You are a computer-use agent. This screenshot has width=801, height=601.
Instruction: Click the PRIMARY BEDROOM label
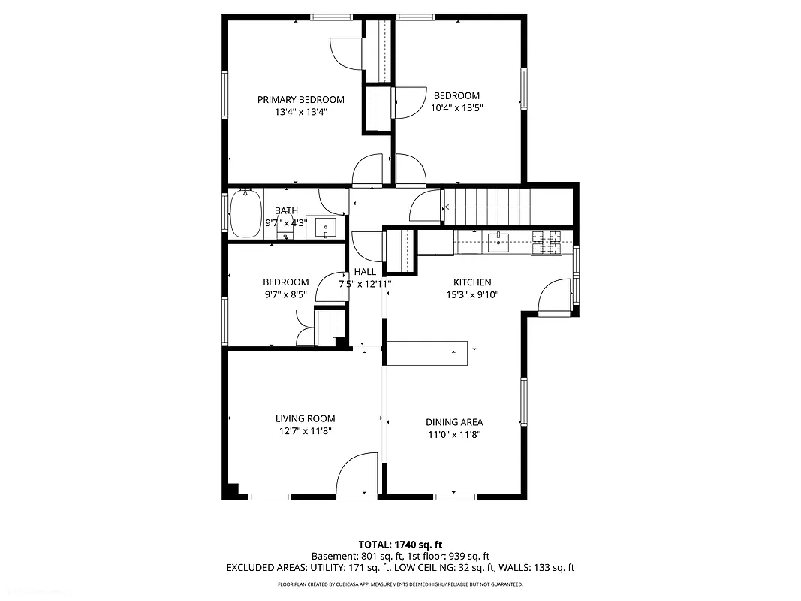(300, 100)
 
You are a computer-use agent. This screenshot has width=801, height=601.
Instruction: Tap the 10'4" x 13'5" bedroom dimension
(456, 107)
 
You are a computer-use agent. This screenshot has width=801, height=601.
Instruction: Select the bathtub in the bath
(245, 213)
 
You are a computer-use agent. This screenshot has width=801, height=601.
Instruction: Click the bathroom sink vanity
(326, 227)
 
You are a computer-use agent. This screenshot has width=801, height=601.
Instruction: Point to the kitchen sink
(497, 241)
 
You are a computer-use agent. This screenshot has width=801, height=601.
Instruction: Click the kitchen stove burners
(547, 242)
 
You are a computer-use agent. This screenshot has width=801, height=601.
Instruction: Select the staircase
(486, 206)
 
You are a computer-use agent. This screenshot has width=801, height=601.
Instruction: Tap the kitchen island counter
(426, 353)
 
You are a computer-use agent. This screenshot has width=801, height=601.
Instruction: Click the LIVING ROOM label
(305, 419)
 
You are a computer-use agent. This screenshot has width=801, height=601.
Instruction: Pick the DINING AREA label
(454, 422)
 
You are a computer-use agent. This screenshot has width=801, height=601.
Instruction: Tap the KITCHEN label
(472, 282)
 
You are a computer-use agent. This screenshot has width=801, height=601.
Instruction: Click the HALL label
(365, 272)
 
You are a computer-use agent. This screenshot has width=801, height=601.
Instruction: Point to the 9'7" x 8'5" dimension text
(285, 295)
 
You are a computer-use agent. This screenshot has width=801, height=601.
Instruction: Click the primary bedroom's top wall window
(333, 17)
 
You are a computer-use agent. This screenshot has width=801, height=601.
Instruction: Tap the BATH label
(286, 211)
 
